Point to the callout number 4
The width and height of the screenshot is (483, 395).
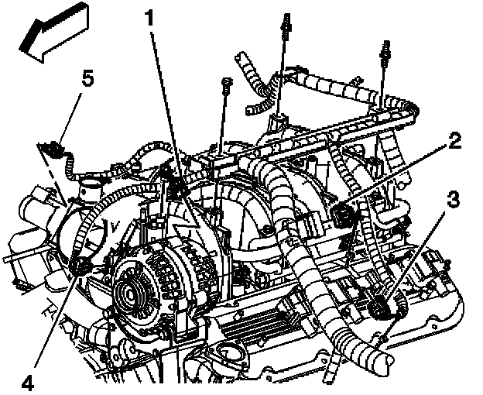point(27,381)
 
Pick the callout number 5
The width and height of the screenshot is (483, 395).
point(88,78)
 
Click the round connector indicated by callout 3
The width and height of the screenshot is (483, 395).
point(384,308)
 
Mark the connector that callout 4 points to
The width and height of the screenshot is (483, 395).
point(80,267)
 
